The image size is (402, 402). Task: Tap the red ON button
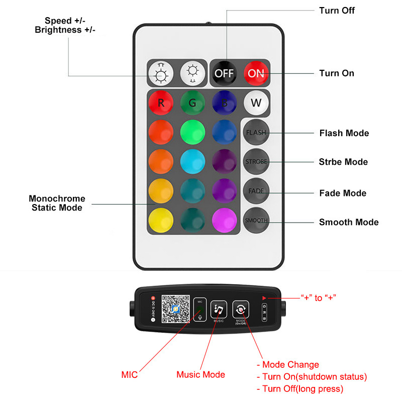point(256,73)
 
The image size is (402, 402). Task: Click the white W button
point(256,103)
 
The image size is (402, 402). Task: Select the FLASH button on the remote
point(256,133)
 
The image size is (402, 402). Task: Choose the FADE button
point(256,191)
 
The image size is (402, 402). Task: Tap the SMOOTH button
point(256,220)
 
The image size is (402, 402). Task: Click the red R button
point(161,103)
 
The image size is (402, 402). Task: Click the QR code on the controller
point(175,309)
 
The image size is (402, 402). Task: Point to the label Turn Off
point(337,10)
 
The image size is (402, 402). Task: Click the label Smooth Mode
point(349,222)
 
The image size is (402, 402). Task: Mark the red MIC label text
point(130,374)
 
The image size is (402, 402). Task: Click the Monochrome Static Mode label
point(57,203)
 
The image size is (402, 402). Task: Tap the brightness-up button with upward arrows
point(160,75)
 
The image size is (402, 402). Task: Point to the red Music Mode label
point(200,374)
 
